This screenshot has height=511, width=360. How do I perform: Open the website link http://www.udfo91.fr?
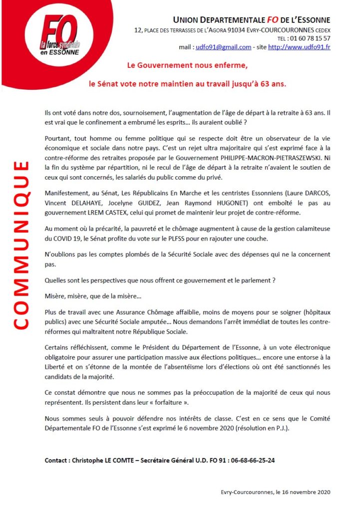click(x=299, y=47)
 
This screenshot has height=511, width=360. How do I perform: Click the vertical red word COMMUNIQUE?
click(x=21, y=245)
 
